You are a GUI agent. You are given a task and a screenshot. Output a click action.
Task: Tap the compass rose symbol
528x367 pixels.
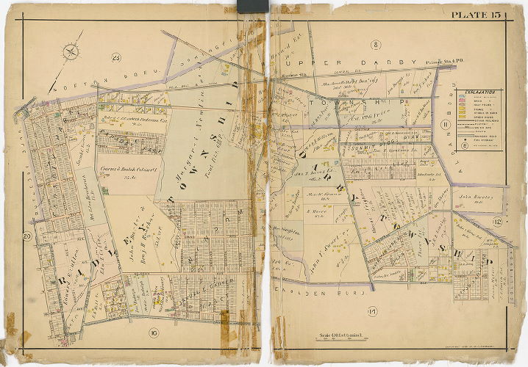point(71,51)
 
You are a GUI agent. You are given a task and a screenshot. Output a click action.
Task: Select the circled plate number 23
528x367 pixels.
point(115,57)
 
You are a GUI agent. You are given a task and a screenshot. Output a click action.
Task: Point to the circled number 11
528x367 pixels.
point(444,126)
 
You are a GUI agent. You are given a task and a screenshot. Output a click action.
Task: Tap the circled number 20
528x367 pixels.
point(26,236)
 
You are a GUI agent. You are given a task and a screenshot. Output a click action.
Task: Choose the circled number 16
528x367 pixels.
point(153,334)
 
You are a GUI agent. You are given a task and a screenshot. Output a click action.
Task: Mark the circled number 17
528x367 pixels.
point(372,314)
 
